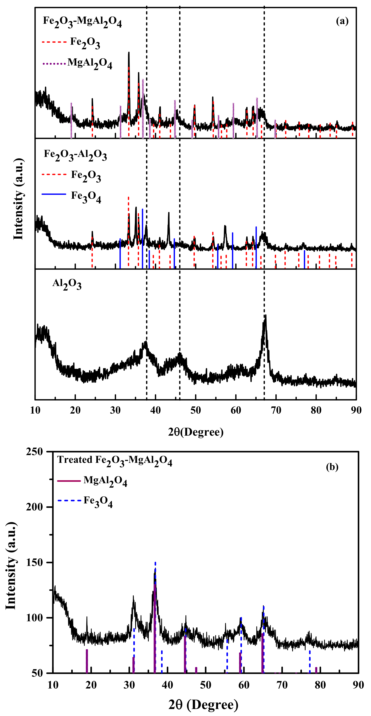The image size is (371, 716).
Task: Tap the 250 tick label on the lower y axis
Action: (x=35, y=452)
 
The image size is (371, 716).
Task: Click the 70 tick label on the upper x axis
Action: (x=276, y=410)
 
